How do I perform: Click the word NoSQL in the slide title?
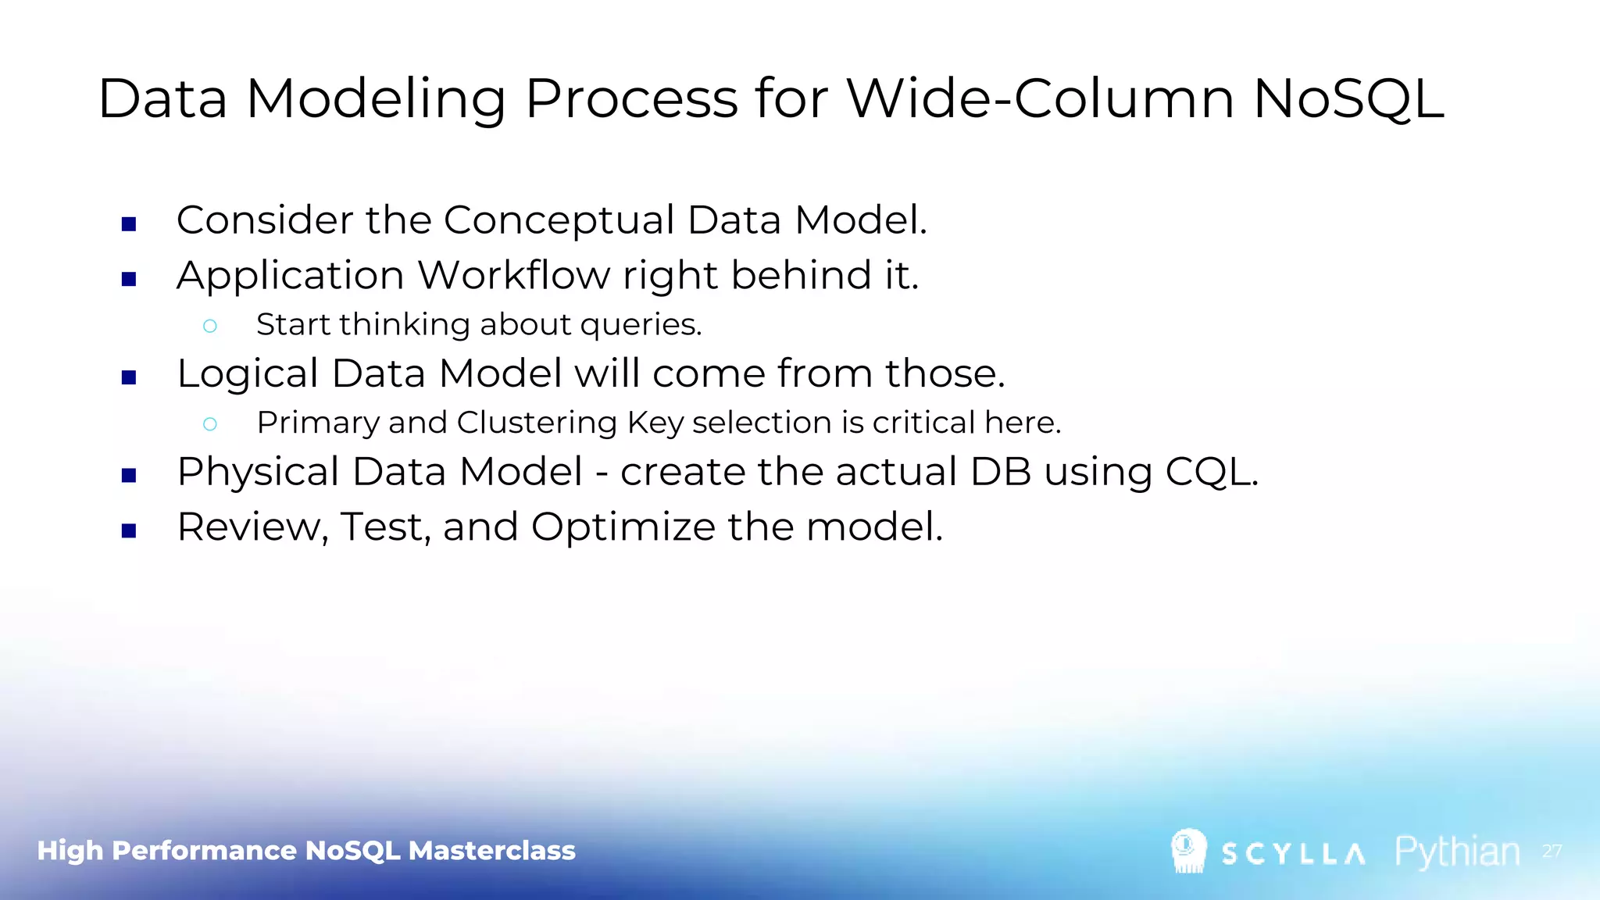point(1348,99)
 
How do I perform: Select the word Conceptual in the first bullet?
point(559,220)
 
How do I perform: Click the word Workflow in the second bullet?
point(513,275)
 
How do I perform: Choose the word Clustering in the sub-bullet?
point(537,423)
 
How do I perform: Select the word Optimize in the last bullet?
point(623,527)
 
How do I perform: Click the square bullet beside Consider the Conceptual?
point(130,225)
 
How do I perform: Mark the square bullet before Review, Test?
point(130,531)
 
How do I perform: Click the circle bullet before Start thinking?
point(209,326)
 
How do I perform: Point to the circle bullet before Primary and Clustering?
point(209,424)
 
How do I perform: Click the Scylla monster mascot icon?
point(1188,850)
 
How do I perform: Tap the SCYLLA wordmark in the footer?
point(1293,854)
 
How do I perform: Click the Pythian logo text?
point(1457,852)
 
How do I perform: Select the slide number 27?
point(1552,851)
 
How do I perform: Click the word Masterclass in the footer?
point(491,850)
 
